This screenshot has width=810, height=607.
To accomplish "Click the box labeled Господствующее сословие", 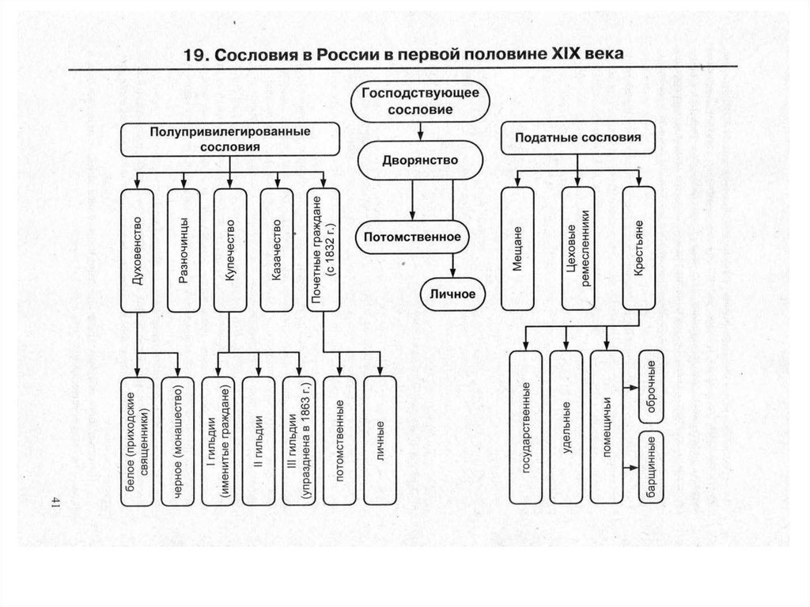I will (x=420, y=101).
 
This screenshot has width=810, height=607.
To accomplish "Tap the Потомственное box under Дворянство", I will (x=411, y=235).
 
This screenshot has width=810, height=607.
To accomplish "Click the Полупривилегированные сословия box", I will (x=229, y=139).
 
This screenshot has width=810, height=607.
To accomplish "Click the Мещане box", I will (x=516, y=248).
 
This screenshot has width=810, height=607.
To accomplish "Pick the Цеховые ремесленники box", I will (x=577, y=248).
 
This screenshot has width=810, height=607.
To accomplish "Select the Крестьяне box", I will (x=638, y=248).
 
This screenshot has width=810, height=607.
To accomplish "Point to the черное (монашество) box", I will (x=177, y=441).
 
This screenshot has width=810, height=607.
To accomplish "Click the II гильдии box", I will (x=258, y=441).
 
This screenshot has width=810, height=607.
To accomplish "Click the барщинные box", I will (x=651, y=467).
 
